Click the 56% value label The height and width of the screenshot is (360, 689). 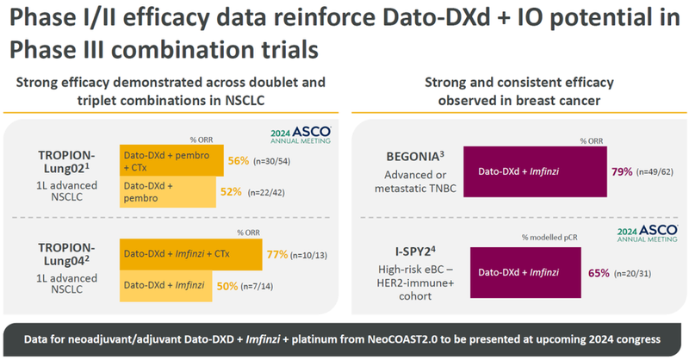[x=238, y=160]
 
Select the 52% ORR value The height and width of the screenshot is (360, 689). [x=230, y=192]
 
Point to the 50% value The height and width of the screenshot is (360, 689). [x=228, y=285]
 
